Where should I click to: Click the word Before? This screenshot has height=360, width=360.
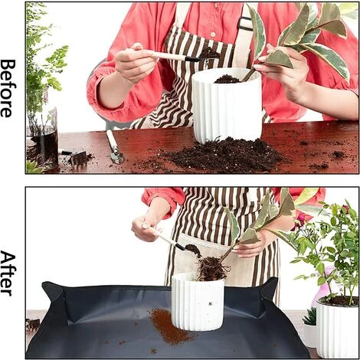pos(8,88)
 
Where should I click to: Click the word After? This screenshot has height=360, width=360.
pos(8,273)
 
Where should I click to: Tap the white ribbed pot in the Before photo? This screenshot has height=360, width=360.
pos(227,106)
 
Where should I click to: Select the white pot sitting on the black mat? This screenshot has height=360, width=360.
pos(198,302)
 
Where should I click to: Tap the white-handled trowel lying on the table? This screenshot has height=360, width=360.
pos(115,146)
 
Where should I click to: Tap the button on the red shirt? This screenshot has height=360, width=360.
pos(213,34)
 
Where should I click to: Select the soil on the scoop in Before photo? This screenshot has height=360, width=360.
pos(209,53)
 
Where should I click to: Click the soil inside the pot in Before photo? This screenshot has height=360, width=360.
pos(227,79)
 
